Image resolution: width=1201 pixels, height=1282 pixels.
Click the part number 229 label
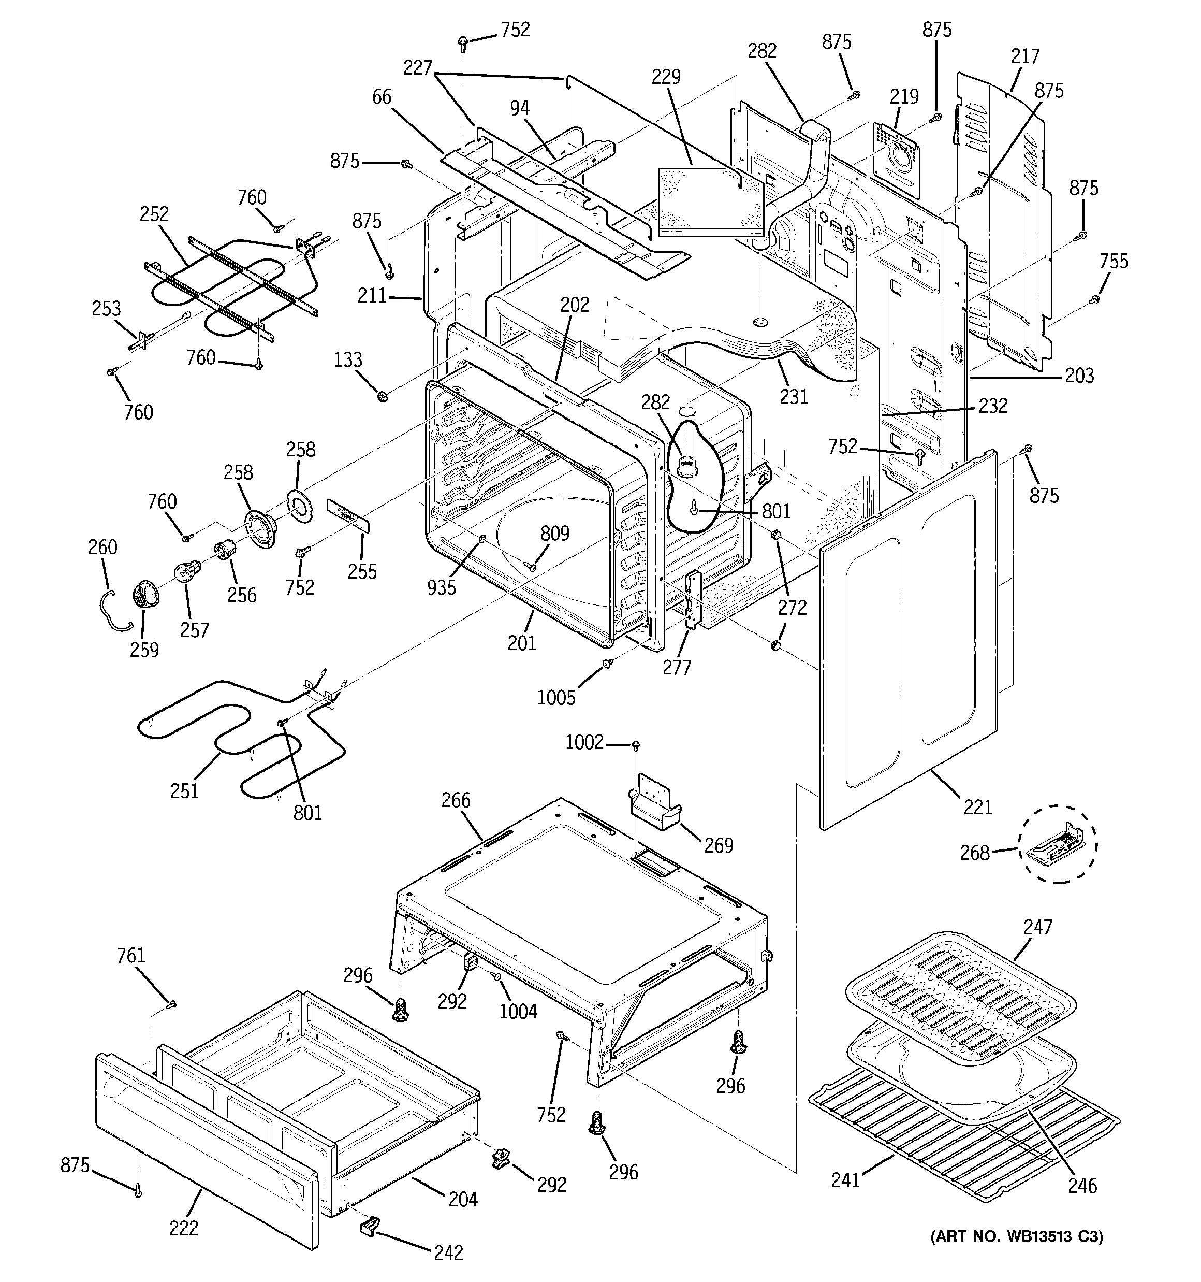coord(666,77)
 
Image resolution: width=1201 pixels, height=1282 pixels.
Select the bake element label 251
coord(184,790)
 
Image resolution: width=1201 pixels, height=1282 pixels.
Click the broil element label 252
coord(154,214)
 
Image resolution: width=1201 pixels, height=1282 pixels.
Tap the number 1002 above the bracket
coord(584,743)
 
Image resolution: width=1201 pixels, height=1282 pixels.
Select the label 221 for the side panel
coord(977,806)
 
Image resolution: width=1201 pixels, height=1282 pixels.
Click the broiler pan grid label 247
coord(1038,927)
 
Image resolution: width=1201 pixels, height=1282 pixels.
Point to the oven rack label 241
coord(845,1180)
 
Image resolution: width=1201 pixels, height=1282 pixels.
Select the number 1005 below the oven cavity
coord(555,697)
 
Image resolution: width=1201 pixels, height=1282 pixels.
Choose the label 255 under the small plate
coord(362,571)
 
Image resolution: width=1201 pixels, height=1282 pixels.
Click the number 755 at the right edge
coord(1114,261)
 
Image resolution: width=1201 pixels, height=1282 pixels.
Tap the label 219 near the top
coord(904,97)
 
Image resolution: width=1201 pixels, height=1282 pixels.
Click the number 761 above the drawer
coord(131,955)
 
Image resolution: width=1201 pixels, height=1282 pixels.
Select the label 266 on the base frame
coord(456,800)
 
